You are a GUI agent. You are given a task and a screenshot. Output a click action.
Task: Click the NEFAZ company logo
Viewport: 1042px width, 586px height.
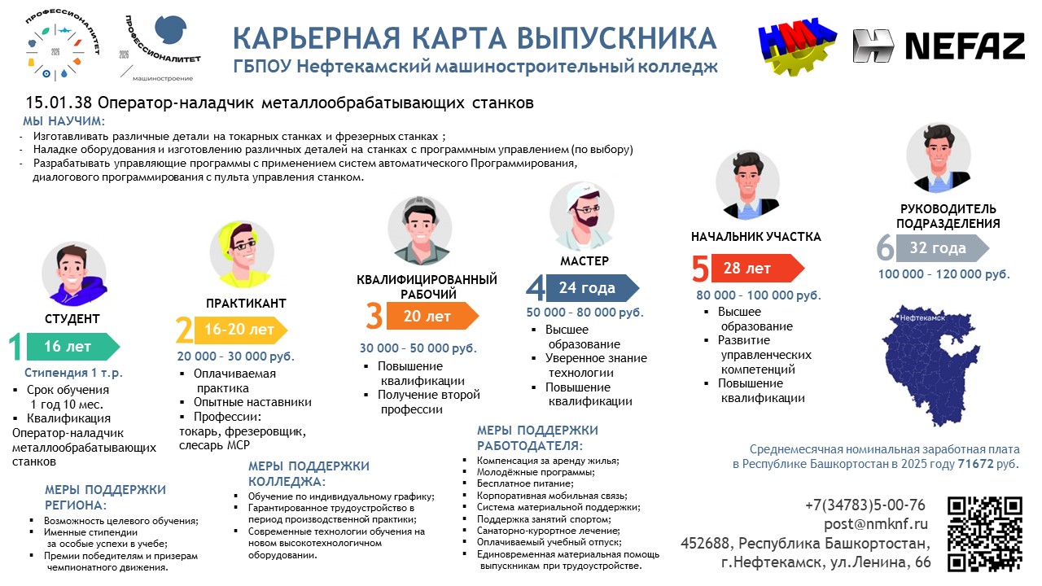pyautogui.click(x=939, y=46)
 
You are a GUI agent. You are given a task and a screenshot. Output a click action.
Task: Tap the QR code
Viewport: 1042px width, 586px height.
pyautogui.click(x=985, y=534)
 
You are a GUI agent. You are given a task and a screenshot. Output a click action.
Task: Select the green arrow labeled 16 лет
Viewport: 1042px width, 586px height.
pyautogui.click(x=73, y=347)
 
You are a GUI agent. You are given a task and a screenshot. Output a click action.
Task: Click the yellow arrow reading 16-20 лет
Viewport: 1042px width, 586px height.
pyautogui.click(x=240, y=330)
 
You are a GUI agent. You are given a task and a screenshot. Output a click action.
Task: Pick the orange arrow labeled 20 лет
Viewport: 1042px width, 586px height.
pyautogui.click(x=432, y=317)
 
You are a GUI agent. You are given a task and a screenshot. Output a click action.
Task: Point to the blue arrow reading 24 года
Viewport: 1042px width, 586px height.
pyautogui.click(x=592, y=288)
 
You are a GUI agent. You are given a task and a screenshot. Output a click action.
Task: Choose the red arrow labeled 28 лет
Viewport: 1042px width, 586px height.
pyautogui.click(x=758, y=268)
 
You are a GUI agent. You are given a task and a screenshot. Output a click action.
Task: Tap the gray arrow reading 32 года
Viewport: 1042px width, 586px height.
pyautogui.click(x=943, y=248)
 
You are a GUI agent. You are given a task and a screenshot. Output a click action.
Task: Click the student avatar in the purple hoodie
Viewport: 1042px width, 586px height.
pyautogui.click(x=74, y=274)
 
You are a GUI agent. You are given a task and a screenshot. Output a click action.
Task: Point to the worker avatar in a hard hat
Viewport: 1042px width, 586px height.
pyautogui.click(x=419, y=230)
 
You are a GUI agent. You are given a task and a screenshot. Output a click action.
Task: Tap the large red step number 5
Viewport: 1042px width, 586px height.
pyautogui.click(x=700, y=269)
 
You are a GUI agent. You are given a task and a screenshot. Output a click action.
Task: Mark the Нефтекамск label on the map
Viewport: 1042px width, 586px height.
pyautogui.click(x=922, y=318)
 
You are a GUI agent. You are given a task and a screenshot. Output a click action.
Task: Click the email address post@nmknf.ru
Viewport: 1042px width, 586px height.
pyautogui.click(x=875, y=524)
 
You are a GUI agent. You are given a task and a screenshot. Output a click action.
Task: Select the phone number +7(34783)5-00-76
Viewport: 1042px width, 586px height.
pyautogui.click(x=865, y=505)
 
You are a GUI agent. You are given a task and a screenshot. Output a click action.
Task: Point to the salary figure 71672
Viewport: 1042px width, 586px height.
pyautogui.click(x=975, y=464)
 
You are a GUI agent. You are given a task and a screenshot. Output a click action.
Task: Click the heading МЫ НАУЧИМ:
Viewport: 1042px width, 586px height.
pyautogui.click(x=64, y=121)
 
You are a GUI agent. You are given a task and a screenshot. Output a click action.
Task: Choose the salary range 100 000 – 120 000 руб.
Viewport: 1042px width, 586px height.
pyautogui.click(x=943, y=274)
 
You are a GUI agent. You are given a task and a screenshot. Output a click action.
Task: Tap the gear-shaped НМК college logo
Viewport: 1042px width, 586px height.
pyautogui.click(x=797, y=46)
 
